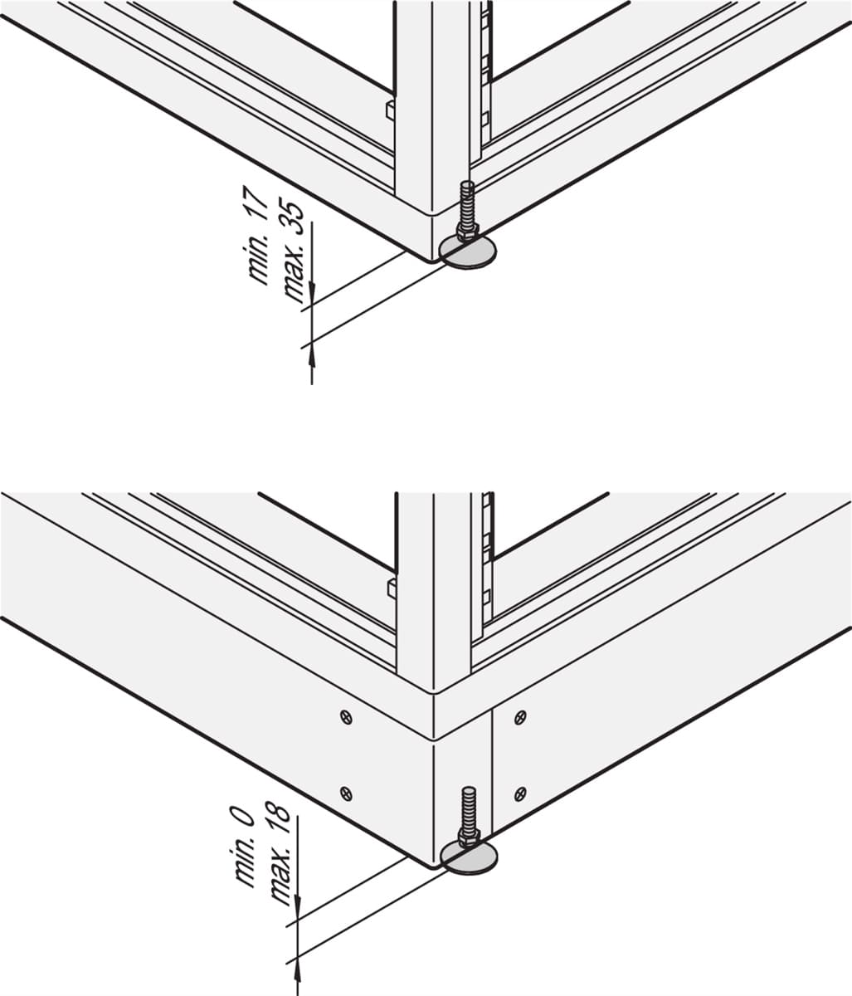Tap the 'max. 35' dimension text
294,251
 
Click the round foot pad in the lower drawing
469,858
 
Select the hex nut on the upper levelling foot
466,232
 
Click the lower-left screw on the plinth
346,793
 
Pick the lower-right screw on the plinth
520,793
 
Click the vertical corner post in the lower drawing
433,593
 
